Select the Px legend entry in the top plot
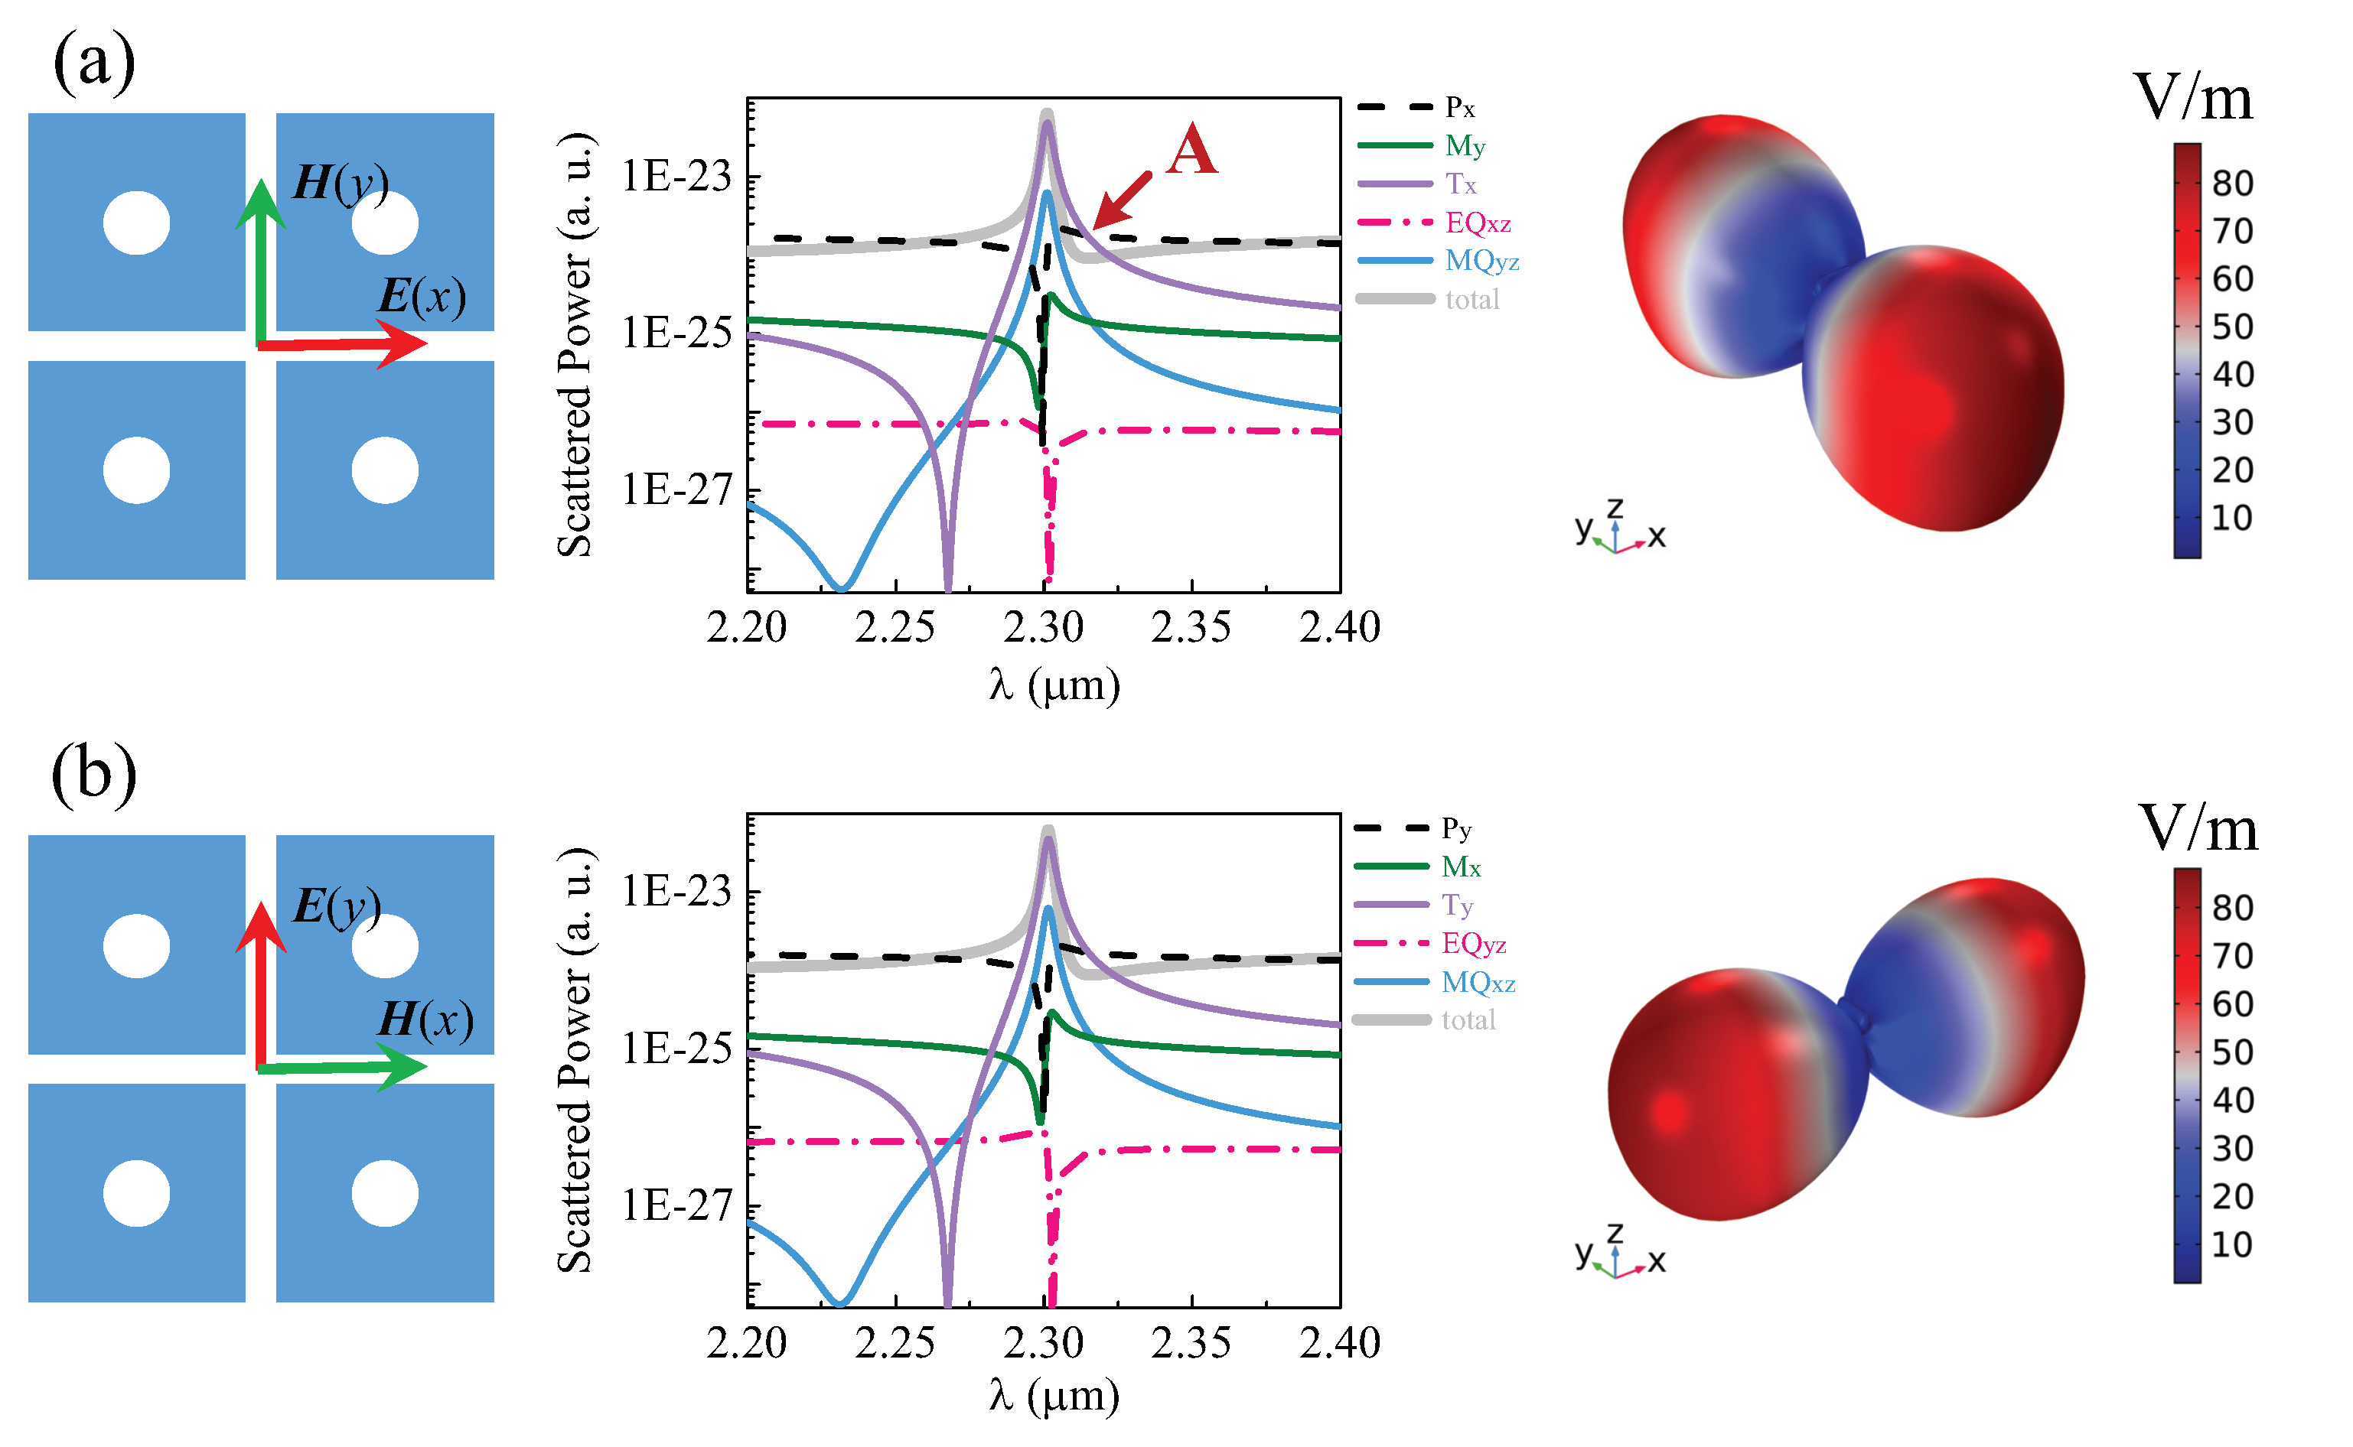coord(1459,107)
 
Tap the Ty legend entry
coord(1457,906)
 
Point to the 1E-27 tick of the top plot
coord(676,490)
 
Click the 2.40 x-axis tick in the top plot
coord(1338,628)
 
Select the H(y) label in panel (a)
coord(340,182)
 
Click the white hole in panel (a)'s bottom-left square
coord(136,470)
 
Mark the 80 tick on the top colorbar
coord(2232,183)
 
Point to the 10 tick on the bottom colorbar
coord(2232,1244)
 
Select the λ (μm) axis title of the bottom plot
coord(1053,1397)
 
